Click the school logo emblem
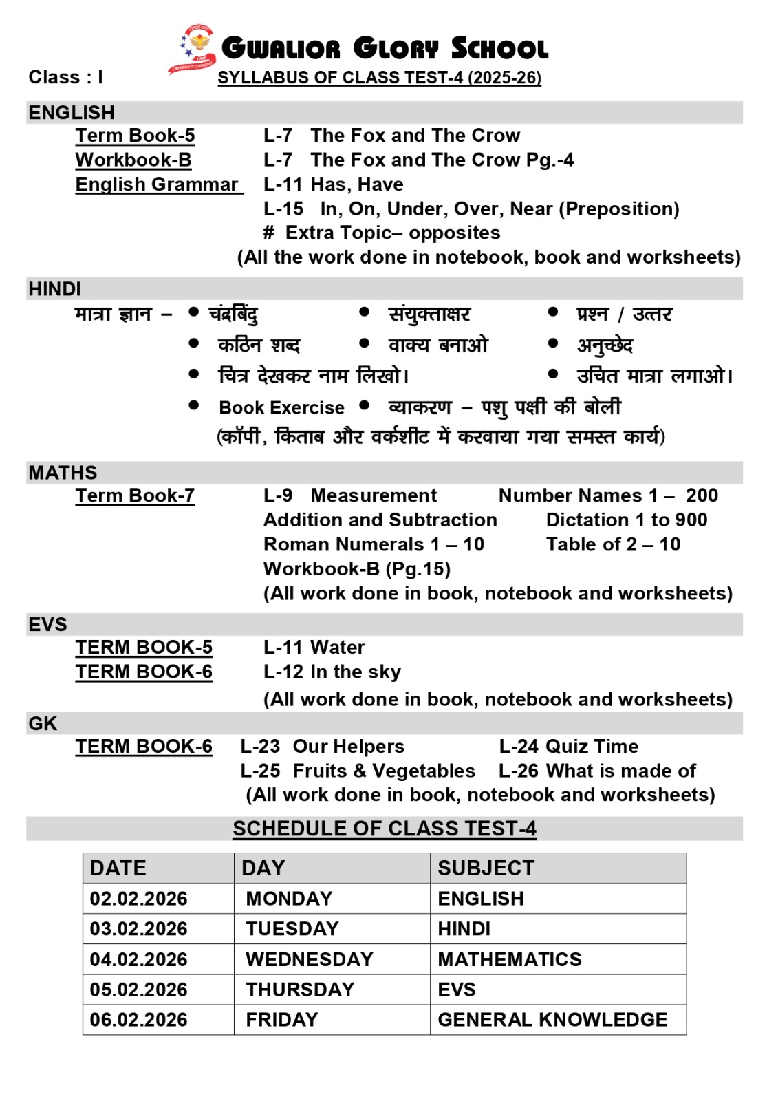pos(193,48)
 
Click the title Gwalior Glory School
pos(385,48)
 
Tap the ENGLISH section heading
pos(72,112)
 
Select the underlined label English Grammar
pos(157,184)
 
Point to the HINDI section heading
pos(55,289)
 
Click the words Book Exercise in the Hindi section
pos(281,407)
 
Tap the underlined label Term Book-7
pos(135,495)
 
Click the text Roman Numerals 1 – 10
pos(374,544)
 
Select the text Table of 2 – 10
pos(613,544)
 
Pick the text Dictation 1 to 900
pos(627,520)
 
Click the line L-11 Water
pos(314,647)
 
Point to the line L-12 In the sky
pos(332,672)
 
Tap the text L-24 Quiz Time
pos(568,746)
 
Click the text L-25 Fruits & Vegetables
pos(358,771)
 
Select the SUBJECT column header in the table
pos(486,868)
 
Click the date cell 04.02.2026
pos(138,959)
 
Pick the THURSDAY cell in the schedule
pos(300,990)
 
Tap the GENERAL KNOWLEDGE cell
pos(552,1020)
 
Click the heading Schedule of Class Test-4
pos(385,829)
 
